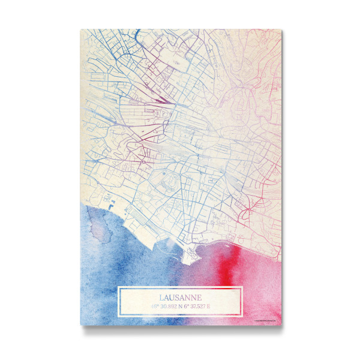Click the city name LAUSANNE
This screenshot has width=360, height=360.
[181, 297]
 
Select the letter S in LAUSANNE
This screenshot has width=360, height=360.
[179, 297]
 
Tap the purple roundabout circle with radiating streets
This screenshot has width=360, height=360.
[144, 160]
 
